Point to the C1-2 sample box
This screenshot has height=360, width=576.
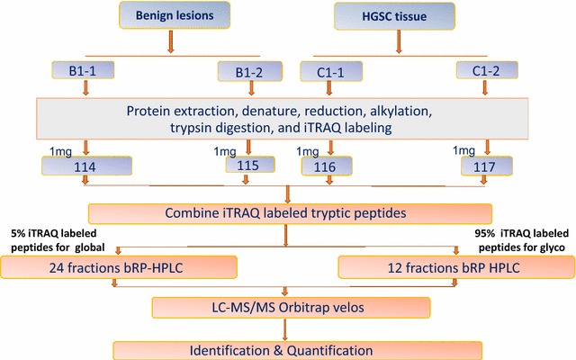[486, 68]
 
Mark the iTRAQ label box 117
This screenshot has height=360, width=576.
[486, 167]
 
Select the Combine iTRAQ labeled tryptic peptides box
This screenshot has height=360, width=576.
[290, 213]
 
